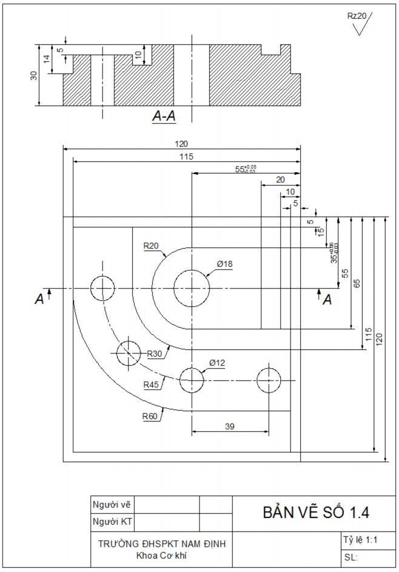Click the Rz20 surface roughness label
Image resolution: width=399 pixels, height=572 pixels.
[357, 16]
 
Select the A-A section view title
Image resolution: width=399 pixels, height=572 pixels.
[164, 116]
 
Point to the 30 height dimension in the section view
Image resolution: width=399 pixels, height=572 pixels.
[34, 75]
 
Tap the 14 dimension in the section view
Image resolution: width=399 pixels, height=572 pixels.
[46, 59]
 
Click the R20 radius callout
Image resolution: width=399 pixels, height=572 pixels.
[152, 246]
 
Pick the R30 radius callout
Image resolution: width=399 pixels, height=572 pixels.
[155, 354]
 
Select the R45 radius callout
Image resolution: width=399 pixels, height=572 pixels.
[152, 384]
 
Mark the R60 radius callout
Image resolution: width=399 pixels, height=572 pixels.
[150, 416]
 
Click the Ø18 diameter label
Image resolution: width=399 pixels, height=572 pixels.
[224, 264]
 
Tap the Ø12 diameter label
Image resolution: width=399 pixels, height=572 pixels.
[217, 363]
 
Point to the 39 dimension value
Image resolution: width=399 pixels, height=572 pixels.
[230, 426]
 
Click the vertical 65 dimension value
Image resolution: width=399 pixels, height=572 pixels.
[356, 283]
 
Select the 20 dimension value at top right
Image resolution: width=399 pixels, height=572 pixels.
[280, 180]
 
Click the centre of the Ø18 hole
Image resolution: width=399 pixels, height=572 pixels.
[192, 288]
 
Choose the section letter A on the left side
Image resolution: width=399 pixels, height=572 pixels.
[39, 298]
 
